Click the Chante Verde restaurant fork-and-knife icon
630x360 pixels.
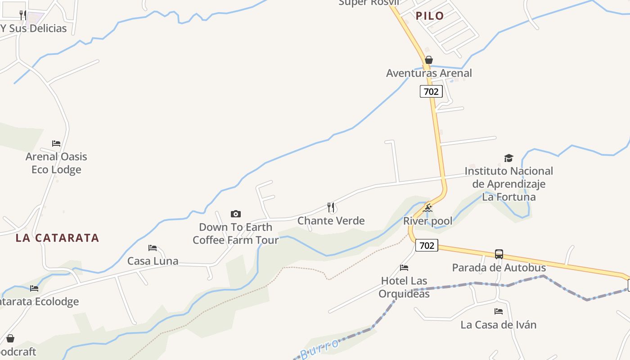click(331, 207)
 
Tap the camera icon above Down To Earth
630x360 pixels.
click(235, 214)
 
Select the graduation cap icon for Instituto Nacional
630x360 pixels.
click(508, 158)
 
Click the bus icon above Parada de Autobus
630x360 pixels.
click(499, 254)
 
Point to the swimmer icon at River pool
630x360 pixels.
click(427, 208)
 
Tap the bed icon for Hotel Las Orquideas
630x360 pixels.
click(404, 268)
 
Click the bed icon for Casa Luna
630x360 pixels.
click(153, 247)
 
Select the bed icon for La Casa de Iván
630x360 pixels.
click(498, 311)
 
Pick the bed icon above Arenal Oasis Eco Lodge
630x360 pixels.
click(56, 144)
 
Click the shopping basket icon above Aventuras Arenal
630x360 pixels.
click(429, 60)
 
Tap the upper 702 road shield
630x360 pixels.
click(431, 91)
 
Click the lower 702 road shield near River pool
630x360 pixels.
click(426, 245)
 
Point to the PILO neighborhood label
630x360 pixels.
click(430, 16)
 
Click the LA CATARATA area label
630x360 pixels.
click(57, 238)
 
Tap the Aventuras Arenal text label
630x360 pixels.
click(429, 73)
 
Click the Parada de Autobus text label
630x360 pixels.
click(499, 267)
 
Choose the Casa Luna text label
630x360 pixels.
click(153, 261)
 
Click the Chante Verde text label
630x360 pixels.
click(331, 220)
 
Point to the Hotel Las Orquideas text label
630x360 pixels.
click(404, 287)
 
